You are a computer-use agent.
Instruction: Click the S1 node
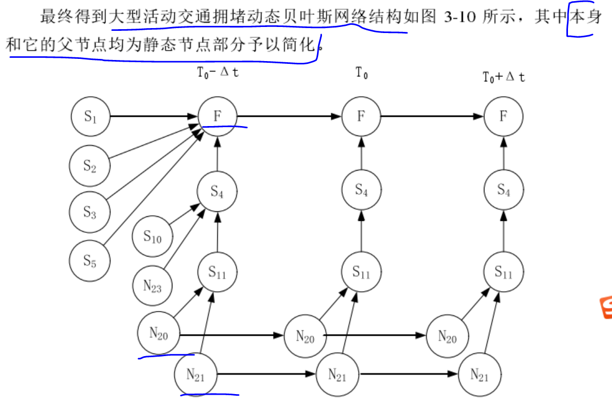[91, 116]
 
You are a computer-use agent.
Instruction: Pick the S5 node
[90, 260]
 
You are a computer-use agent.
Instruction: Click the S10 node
[152, 237]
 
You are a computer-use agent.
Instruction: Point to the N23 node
[152, 286]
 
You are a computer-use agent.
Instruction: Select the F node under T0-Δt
[217, 116]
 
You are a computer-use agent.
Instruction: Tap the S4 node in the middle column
[361, 190]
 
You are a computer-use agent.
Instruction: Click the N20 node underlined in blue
[159, 334]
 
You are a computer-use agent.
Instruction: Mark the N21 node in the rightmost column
[479, 375]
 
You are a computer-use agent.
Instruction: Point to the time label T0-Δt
[218, 73]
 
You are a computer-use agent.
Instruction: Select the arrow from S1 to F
[154, 116]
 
